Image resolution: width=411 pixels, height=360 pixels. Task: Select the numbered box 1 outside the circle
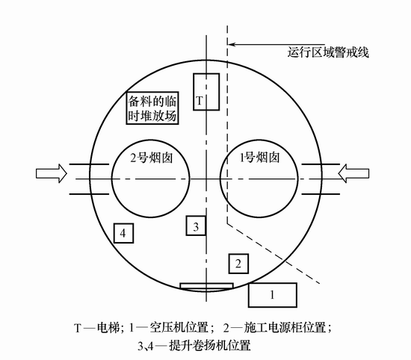(272, 295)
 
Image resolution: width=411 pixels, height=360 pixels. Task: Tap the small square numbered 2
(238, 264)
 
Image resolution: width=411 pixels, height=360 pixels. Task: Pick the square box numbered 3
(196, 226)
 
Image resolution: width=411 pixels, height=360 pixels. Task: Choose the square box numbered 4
(123, 233)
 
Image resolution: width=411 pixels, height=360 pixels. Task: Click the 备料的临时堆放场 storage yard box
(152, 108)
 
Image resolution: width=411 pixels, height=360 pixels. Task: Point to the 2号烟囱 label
(152, 158)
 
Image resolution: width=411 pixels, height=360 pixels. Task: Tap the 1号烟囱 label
(260, 158)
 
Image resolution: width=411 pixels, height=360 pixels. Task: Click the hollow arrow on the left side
(52, 173)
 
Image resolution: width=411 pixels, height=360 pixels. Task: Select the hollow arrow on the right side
(353, 173)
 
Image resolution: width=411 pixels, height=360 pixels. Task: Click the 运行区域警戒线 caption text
(328, 52)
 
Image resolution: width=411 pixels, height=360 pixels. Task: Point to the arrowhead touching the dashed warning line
(232, 44)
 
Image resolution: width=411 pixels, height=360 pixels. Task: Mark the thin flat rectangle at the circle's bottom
(206, 286)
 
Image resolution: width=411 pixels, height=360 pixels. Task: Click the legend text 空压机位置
(179, 328)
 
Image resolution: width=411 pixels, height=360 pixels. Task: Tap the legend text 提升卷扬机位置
(210, 346)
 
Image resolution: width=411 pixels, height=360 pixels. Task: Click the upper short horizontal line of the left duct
(89, 164)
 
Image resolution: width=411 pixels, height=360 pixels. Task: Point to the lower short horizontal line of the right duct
(321, 194)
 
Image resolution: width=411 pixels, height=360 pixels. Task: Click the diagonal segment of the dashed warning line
(274, 254)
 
